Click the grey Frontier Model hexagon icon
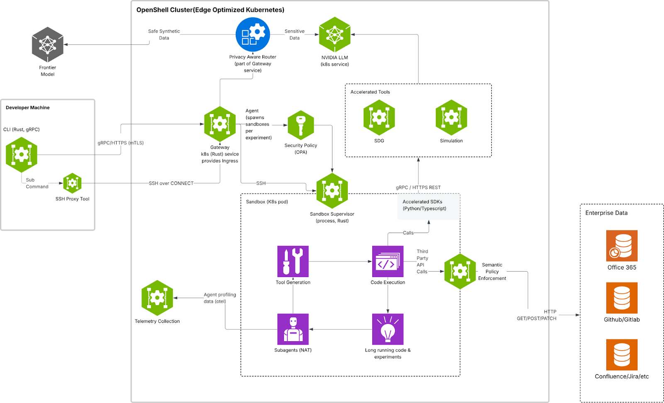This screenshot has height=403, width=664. click(48, 44)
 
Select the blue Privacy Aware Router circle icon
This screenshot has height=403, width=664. click(253, 35)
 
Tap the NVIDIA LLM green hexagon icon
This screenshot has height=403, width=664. click(334, 35)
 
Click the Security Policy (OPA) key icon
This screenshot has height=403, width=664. click(301, 125)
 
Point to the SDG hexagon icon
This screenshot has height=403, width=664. click(379, 117)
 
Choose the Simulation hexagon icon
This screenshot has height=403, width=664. click(451, 117)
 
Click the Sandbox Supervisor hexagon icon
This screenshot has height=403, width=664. click(332, 191)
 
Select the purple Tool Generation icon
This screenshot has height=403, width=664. click(293, 261)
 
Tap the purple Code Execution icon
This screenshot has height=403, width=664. click(388, 261)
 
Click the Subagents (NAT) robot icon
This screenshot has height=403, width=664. click(293, 329)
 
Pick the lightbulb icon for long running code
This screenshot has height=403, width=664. click(388, 329)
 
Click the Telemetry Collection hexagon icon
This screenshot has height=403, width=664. click(157, 298)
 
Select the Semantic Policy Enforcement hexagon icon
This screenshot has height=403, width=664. click(460, 272)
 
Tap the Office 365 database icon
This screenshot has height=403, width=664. click(622, 246)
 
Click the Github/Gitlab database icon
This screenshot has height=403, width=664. click(622, 298)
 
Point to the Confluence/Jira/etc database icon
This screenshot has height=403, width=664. click(622, 355)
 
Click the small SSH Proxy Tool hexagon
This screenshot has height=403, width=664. click(72, 183)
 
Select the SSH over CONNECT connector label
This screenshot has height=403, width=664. click(171, 183)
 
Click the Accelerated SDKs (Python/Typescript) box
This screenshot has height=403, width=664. click(429, 206)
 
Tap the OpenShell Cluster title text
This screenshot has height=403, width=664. click(210, 10)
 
